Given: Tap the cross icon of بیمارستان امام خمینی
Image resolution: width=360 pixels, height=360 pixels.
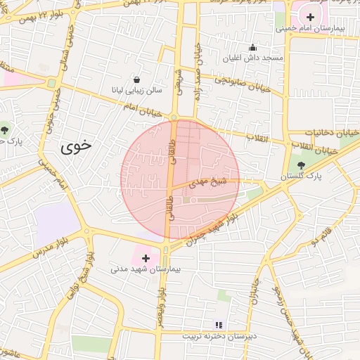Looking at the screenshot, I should pos(311,16).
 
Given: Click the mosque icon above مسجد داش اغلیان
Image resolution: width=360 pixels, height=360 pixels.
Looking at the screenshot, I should pos(252,46).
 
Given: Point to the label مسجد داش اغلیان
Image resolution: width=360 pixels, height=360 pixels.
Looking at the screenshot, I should pos(252,58).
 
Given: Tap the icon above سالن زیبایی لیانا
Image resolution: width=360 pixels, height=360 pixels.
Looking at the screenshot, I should pos(136,79).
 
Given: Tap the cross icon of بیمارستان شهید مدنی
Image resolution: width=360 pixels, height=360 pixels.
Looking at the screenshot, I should pos(146,258).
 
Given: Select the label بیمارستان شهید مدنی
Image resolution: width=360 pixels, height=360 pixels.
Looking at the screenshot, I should pos(146,269).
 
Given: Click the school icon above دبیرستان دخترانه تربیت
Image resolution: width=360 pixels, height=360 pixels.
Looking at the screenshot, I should pos(218,324).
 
